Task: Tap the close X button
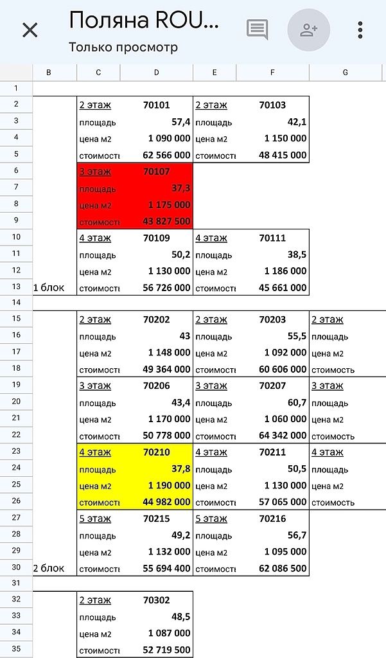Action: pos(30,30)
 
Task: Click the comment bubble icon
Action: pos(257,30)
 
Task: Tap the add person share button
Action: pos(308,30)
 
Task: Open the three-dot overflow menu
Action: pos(360,30)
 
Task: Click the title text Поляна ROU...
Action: pos(144,21)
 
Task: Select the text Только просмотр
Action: pos(123,47)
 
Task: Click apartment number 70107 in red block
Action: pos(157,172)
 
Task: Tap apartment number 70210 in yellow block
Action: pos(157,452)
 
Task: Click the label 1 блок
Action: pos(49,287)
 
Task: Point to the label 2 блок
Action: pos(49,568)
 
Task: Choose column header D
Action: pos(157,73)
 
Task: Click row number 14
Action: pos(16,302)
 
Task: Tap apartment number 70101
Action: pos(157,105)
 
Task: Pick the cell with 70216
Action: pos(272,519)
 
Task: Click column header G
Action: pos(346,73)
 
